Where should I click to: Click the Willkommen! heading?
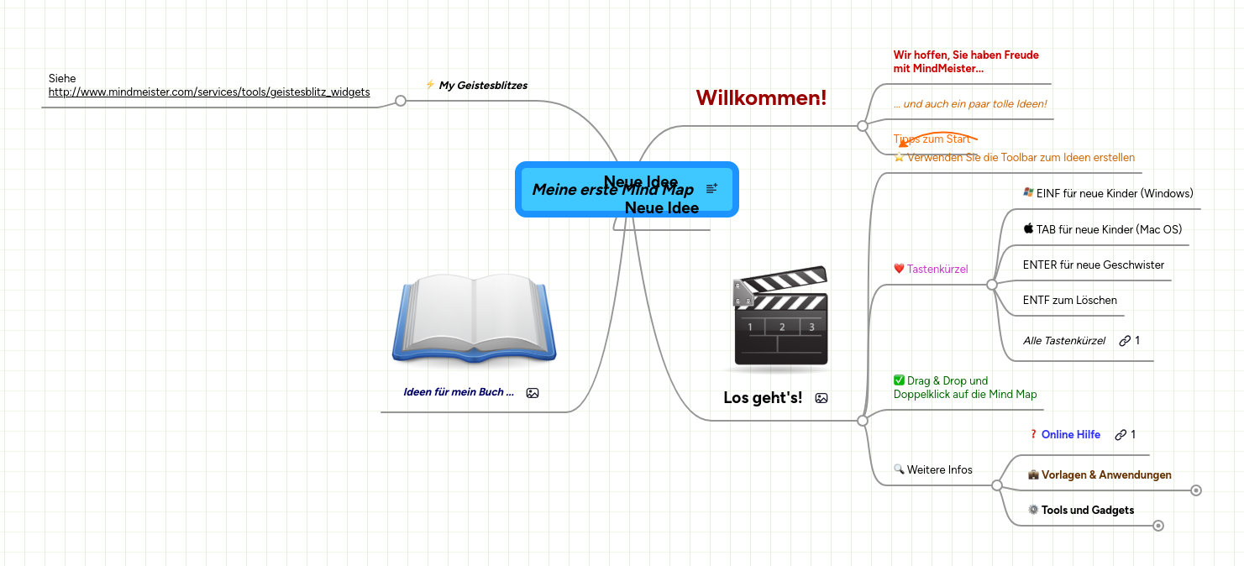[x=761, y=97]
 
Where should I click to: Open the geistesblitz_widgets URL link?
[x=209, y=92]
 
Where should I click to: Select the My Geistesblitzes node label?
[x=483, y=85]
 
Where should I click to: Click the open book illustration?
[x=474, y=319]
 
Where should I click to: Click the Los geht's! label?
[x=763, y=397]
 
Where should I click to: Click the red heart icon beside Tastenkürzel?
[x=899, y=269]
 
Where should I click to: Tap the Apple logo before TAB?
[x=1028, y=228]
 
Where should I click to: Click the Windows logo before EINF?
[x=1028, y=192]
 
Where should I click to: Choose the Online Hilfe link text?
[x=1070, y=434]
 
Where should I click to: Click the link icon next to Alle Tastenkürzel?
[x=1124, y=340]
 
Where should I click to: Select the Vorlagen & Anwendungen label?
[x=1106, y=474]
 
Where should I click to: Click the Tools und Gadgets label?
[x=1087, y=510]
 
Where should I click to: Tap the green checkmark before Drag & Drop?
[x=899, y=380]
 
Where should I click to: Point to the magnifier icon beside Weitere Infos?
[x=899, y=469]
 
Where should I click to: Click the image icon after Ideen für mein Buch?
[x=532, y=392]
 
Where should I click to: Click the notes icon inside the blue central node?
[x=711, y=189]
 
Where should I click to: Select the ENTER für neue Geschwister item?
[x=1093, y=265]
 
